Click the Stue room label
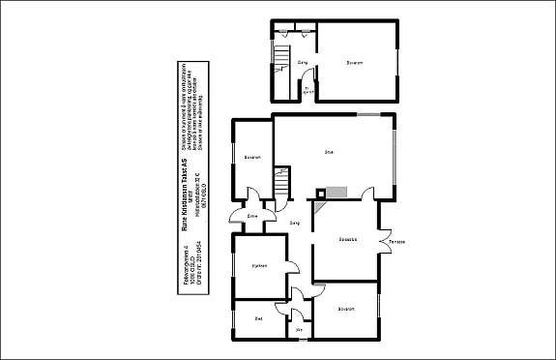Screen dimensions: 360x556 coord(329,152)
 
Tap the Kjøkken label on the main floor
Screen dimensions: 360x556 coord(259,266)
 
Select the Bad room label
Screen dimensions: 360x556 coord(258,318)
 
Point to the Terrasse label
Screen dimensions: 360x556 coord(397,242)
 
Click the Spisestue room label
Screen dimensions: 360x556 coord(349,238)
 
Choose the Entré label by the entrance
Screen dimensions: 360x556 coord(252,216)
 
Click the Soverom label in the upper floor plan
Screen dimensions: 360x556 coord(354,64)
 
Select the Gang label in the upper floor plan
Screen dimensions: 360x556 coord(303,64)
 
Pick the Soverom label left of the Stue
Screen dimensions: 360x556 coord(253,157)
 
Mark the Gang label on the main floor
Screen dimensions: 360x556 coord(295,224)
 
